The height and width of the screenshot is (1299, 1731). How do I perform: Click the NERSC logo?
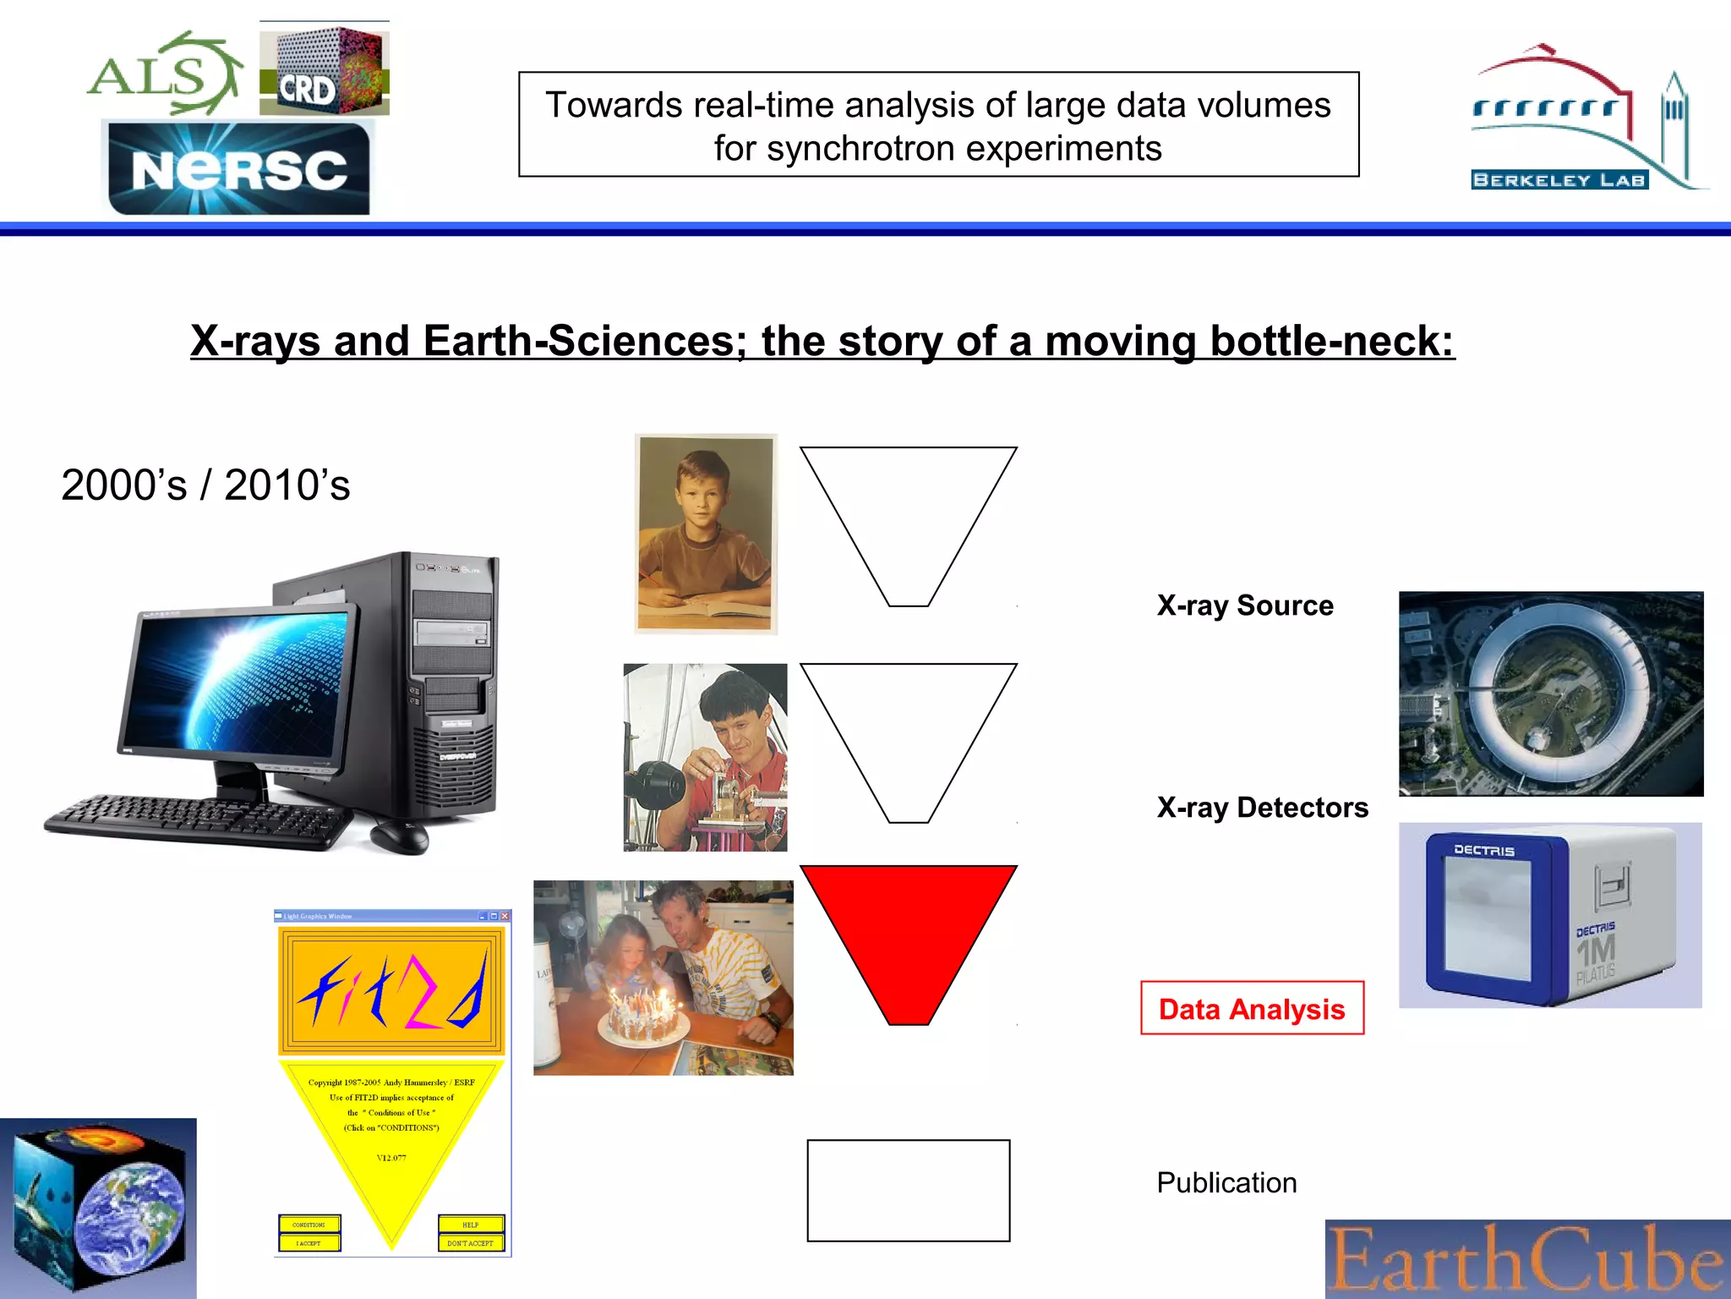click(x=239, y=169)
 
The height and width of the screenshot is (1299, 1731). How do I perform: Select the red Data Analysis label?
click(x=1252, y=1008)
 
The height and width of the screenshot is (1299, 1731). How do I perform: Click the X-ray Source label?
click(x=1245, y=606)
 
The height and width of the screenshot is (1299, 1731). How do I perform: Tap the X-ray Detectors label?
click(x=1262, y=808)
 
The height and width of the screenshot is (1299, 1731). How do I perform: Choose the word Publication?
click(x=1226, y=1182)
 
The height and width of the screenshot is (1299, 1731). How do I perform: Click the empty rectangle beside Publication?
click(x=909, y=1191)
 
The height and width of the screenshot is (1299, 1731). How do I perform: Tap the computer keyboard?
click(x=199, y=820)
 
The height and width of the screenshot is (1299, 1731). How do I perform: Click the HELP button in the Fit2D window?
click(x=471, y=1224)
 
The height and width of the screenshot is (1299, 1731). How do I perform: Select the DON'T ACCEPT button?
click(x=471, y=1242)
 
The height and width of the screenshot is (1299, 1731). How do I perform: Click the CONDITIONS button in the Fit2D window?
click(x=309, y=1224)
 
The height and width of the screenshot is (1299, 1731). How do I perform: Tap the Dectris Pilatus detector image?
click(x=1550, y=915)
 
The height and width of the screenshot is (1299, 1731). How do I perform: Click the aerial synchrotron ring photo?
click(x=1551, y=693)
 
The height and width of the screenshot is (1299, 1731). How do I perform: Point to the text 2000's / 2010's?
click(x=205, y=485)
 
